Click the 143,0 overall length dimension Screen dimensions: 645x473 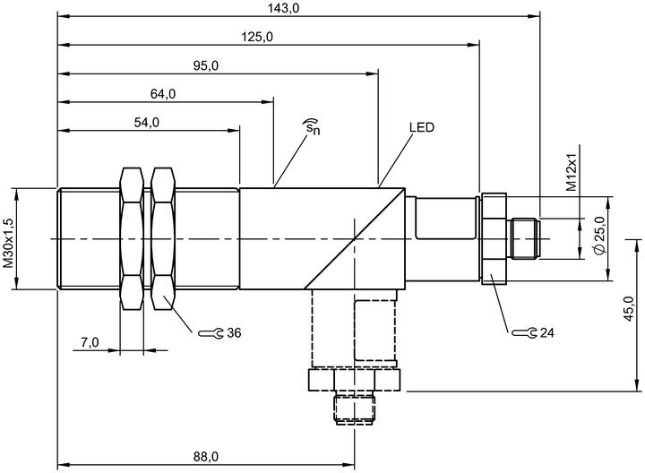click(x=283, y=8)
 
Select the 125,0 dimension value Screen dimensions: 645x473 click(x=257, y=37)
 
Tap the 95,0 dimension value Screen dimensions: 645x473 click(x=206, y=65)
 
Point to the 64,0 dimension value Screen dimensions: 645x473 click(x=163, y=94)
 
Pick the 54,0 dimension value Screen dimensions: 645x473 click(x=147, y=122)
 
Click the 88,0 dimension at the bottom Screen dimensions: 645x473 click(x=206, y=456)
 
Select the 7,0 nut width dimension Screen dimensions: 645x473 click(x=90, y=342)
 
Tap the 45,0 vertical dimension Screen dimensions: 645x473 click(x=628, y=308)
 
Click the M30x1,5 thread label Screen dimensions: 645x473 click(x=9, y=244)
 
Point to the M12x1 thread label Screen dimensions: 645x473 click(x=572, y=173)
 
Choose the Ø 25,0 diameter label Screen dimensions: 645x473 click(x=600, y=236)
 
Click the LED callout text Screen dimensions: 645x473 click(x=422, y=127)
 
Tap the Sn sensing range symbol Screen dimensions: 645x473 click(x=312, y=126)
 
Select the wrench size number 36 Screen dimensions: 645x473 click(x=234, y=332)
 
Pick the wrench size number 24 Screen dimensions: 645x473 click(x=547, y=332)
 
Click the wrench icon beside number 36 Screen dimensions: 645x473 click(x=211, y=333)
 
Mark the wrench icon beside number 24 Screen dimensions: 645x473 click(x=524, y=333)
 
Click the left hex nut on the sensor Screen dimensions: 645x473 click(x=132, y=238)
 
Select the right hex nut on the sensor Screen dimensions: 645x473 click(x=163, y=238)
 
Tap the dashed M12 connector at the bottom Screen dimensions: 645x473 click(x=355, y=409)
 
